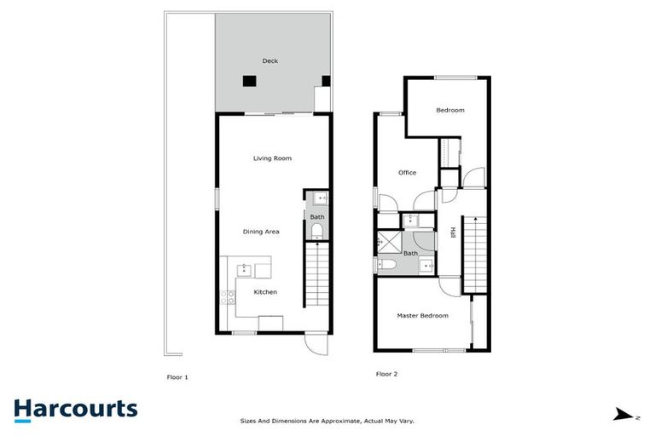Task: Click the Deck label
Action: [270, 60]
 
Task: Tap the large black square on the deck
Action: [249, 81]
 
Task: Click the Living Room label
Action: [272, 158]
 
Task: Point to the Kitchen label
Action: [265, 292]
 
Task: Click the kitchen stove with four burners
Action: [229, 298]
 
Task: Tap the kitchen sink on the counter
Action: [243, 270]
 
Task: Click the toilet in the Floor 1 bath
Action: [316, 231]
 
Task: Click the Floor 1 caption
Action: [177, 376]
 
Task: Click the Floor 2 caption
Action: [387, 373]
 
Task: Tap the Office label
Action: [408, 173]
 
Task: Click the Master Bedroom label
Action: [422, 316]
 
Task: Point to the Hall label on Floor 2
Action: [453, 231]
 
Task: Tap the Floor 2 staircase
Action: [473, 254]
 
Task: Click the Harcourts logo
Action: [75, 409]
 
